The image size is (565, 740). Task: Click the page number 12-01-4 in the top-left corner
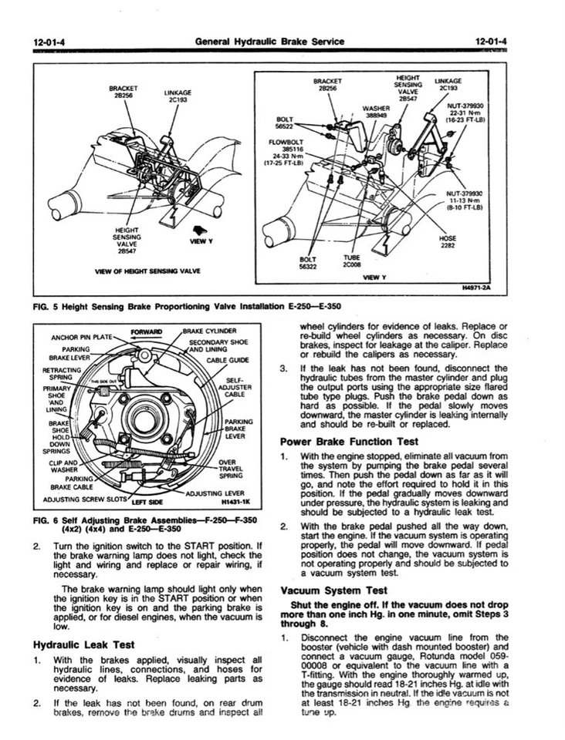point(49,41)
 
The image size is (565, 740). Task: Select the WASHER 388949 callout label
point(377,113)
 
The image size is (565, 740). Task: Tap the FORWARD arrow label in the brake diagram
point(148,332)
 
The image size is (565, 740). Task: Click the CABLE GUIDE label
point(228,360)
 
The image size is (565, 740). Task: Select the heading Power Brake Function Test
point(349,442)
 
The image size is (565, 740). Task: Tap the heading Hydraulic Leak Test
point(84,644)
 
